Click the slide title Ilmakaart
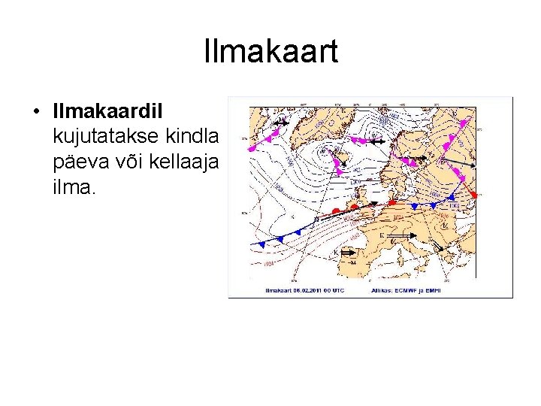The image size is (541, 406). (270, 52)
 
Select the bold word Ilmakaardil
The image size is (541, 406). (113, 111)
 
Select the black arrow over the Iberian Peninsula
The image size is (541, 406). (347, 253)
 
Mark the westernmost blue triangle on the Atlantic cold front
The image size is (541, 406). (261, 244)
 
